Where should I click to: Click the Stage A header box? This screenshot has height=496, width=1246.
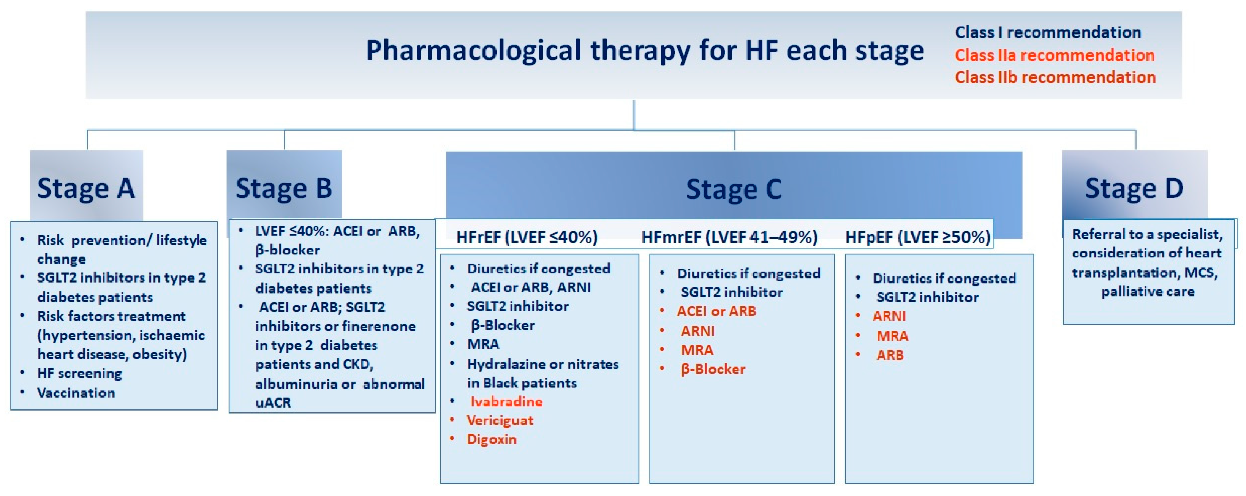87,186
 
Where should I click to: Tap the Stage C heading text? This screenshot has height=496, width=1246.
734,189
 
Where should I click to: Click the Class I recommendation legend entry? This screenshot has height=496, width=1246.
1048,32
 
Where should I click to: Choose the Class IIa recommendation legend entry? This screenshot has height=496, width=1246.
1055,55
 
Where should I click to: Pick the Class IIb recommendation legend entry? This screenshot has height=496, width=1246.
1055,77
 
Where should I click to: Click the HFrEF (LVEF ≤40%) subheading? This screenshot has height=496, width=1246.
527,237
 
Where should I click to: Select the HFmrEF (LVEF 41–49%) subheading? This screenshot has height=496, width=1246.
729,237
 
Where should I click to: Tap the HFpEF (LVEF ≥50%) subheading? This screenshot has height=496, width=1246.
917,237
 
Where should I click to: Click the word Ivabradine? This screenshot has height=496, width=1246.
506,402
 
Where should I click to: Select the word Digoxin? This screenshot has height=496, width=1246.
492,439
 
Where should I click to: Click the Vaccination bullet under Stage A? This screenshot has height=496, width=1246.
76,393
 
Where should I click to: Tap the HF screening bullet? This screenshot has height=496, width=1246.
79,373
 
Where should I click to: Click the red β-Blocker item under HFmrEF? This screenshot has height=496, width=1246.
713,369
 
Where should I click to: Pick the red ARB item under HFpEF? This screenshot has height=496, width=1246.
890,355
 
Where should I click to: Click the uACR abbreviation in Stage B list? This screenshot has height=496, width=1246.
273,403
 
